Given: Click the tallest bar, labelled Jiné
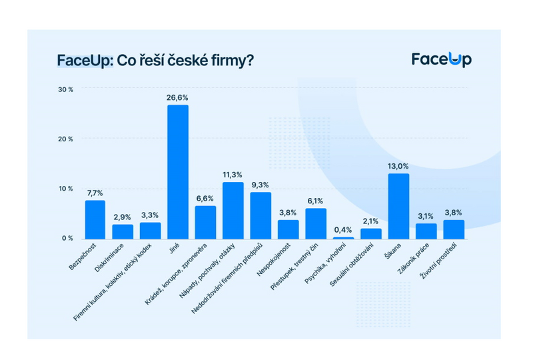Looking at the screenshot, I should (x=177, y=172).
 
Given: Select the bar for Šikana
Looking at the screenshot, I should (x=398, y=206).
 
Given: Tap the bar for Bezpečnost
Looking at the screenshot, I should (x=95, y=219).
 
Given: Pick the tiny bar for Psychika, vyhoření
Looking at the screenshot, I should (x=343, y=237).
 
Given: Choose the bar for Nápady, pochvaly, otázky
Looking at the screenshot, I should (x=233, y=210).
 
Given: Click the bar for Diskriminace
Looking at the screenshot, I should (x=123, y=231).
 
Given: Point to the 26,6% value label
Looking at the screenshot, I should (x=177, y=97).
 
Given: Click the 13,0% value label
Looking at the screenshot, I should (x=398, y=167).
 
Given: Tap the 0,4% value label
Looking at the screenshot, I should (x=343, y=230).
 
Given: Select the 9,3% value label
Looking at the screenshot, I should (x=261, y=185).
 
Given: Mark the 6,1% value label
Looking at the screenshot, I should (x=316, y=201).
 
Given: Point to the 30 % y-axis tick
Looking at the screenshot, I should (x=66, y=89).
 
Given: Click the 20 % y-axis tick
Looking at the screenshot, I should (x=66, y=139).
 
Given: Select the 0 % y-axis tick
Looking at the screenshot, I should (x=68, y=238).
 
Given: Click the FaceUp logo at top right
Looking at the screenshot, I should (x=440, y=59).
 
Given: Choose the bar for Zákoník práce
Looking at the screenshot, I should (x=426, y=231).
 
